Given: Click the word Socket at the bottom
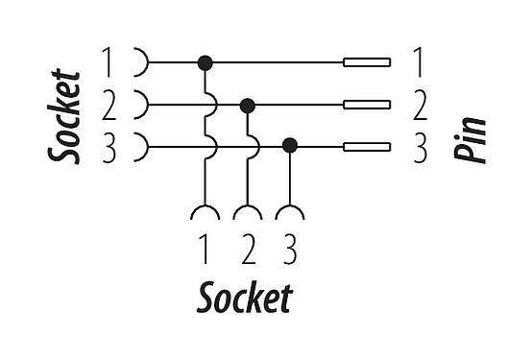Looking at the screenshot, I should pos(244,299).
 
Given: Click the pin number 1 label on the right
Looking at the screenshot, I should pos(419,63).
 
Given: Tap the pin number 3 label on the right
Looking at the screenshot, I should pos(419,147).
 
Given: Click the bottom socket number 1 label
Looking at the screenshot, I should pos(205,251).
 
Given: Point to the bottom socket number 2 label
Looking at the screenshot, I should pos(248,251).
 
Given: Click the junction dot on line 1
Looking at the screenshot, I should pos(205,63).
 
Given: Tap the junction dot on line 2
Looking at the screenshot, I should pos(248,105).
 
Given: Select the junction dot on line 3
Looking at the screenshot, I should pos(290,147).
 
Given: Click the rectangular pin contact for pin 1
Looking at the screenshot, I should pos(367,63).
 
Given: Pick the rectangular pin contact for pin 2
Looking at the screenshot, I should pos(367,105).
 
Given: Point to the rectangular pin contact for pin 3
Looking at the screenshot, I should pos(367,147).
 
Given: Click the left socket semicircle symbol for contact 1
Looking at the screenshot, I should pos(140,63).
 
